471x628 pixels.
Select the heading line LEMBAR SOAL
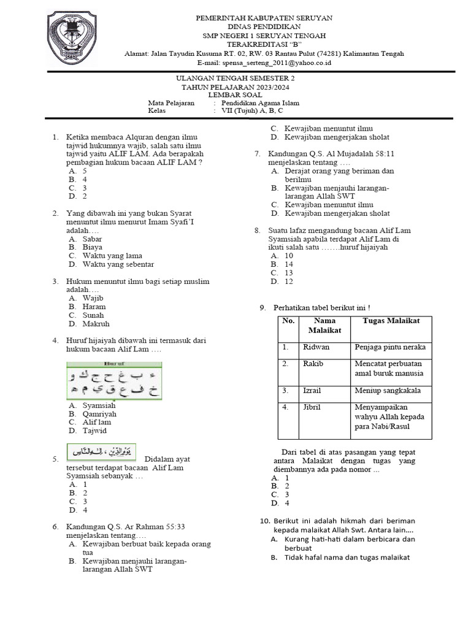click(x=235, y=95)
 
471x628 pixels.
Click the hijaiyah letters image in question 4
click(x=114, y=381)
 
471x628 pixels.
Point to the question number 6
click(x=55, y=527)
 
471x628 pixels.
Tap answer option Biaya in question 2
click(x=92, y=247)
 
